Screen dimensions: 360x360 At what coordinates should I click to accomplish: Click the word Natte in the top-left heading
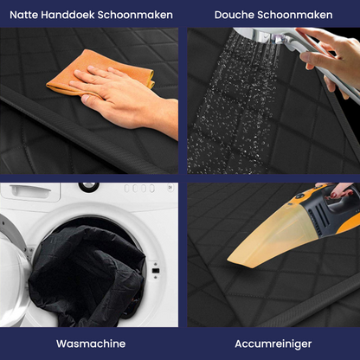click(x=27, y=15)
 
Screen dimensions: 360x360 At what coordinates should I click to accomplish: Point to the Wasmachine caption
click(x=90, y=344)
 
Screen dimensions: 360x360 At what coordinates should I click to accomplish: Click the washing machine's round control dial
click(x=89, y=186)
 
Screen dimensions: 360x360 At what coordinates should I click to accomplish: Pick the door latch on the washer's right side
click(x=155, y=270)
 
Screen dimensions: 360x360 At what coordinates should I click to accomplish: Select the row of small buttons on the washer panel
click(x=138, y=188)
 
